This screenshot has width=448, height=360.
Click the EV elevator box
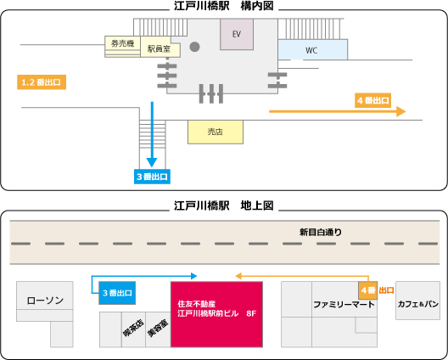237,34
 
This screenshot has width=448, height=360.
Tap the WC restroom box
312,49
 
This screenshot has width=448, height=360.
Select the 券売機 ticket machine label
122,43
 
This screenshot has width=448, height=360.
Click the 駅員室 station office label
159,49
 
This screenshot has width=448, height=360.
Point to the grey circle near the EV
194,47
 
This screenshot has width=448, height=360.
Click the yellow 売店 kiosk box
216,132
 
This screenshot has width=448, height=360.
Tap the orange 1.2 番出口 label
42,82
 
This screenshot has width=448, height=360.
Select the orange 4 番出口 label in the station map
372,100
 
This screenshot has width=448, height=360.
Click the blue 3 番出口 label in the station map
152,177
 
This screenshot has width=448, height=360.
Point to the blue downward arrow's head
152,162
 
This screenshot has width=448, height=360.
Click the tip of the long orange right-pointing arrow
406,111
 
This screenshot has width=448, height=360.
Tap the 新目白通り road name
321,232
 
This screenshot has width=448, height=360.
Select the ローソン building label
45,301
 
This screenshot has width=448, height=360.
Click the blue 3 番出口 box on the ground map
117,293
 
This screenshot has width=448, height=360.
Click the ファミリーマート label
344,304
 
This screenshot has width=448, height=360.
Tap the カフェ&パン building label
418,304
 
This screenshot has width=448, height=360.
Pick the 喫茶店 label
133,328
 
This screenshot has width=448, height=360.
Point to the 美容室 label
158,328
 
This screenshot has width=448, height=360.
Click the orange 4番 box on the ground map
368,290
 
